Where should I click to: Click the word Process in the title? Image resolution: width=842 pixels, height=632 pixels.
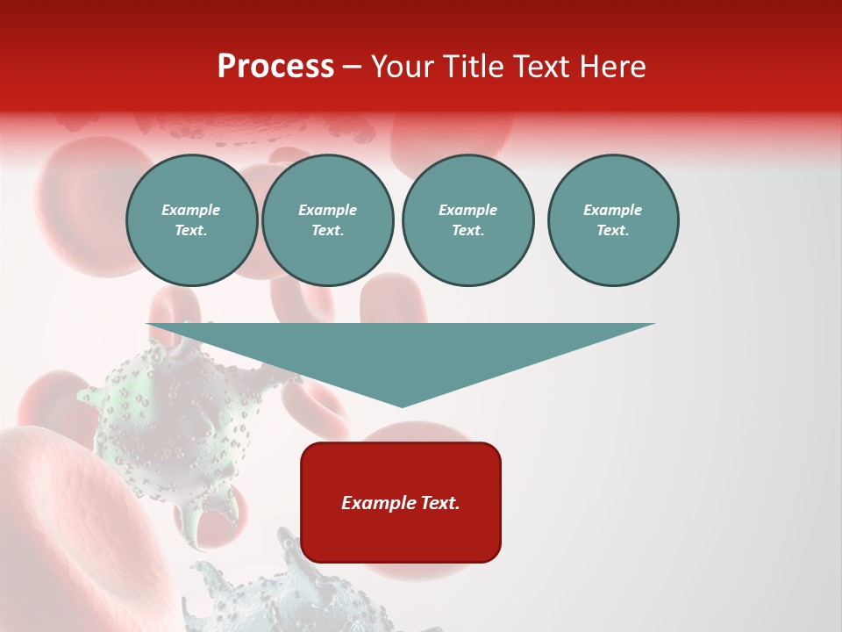click(x=275, y=68)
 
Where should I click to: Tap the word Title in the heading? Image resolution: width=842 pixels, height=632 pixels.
click(x=472, y=67)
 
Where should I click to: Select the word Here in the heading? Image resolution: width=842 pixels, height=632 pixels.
click(x=612, y=67)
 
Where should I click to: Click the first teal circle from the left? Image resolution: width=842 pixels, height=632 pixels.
click(x=191, y=220)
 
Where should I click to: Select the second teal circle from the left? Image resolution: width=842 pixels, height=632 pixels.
click(x=328, y=220)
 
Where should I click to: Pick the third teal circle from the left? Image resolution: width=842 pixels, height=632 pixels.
click(x=467, y=220)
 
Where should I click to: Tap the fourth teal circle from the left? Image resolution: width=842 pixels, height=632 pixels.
click(x=613, y=220)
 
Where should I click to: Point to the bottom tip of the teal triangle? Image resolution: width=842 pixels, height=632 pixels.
click(x=402, y=405)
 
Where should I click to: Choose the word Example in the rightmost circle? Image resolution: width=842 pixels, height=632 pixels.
click(x=612, y=210)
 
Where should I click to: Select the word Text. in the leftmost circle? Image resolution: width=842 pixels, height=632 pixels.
click(x=191, y=231)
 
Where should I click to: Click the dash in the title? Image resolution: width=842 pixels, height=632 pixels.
click(x=353, y=68)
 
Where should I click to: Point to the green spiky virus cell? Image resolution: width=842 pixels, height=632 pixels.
click(x=167, y=421)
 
